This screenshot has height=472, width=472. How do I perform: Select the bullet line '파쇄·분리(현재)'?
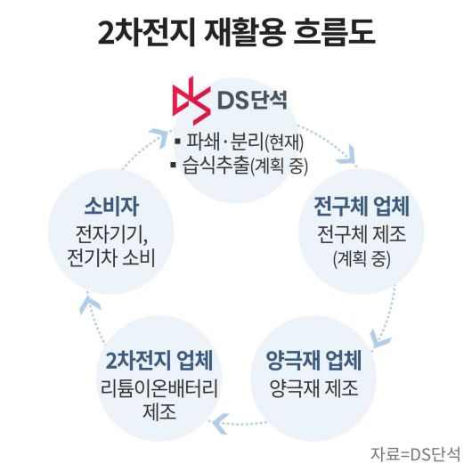click(243, 141)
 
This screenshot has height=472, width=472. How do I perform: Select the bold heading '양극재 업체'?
click(313, 363)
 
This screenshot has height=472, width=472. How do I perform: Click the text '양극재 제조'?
click(313, 389)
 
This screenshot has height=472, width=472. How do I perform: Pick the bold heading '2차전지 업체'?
click(159, 363)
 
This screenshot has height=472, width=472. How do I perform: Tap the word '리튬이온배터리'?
click(159, 389)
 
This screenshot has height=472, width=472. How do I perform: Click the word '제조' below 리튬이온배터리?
click(159, 413)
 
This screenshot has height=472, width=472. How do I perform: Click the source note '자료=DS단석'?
click(416, 452)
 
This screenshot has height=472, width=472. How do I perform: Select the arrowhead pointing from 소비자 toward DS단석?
click(158, 135)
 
